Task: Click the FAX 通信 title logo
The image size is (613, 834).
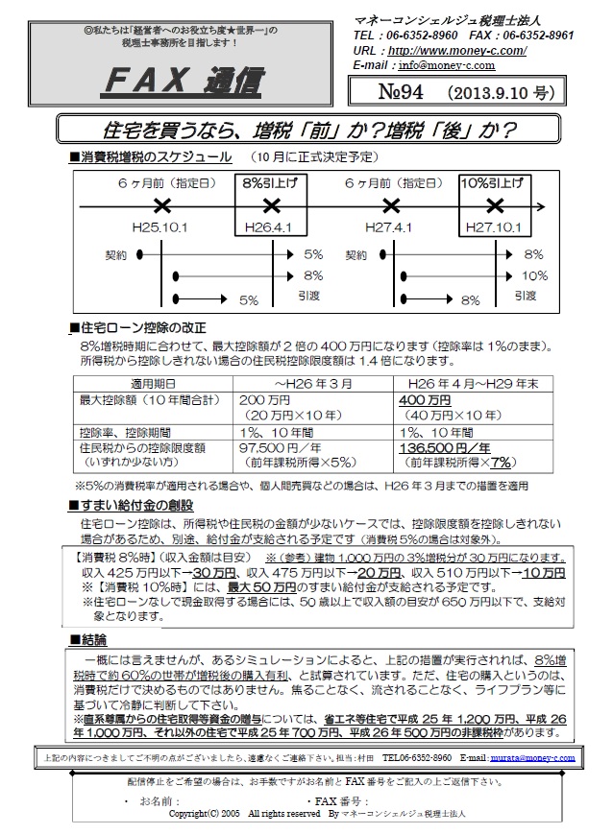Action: tap(182, 83)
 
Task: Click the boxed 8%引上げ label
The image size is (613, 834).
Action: tap(270, 182)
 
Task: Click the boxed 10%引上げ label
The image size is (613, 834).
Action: tap(493, 182)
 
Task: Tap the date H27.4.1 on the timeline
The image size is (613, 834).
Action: tap(389, 228)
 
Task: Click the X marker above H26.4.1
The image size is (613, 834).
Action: tap(271, 204)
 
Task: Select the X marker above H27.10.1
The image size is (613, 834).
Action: tap(494, 204)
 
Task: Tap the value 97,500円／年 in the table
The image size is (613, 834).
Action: tap(279, 448)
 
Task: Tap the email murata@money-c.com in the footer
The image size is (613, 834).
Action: tap(533, 757)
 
